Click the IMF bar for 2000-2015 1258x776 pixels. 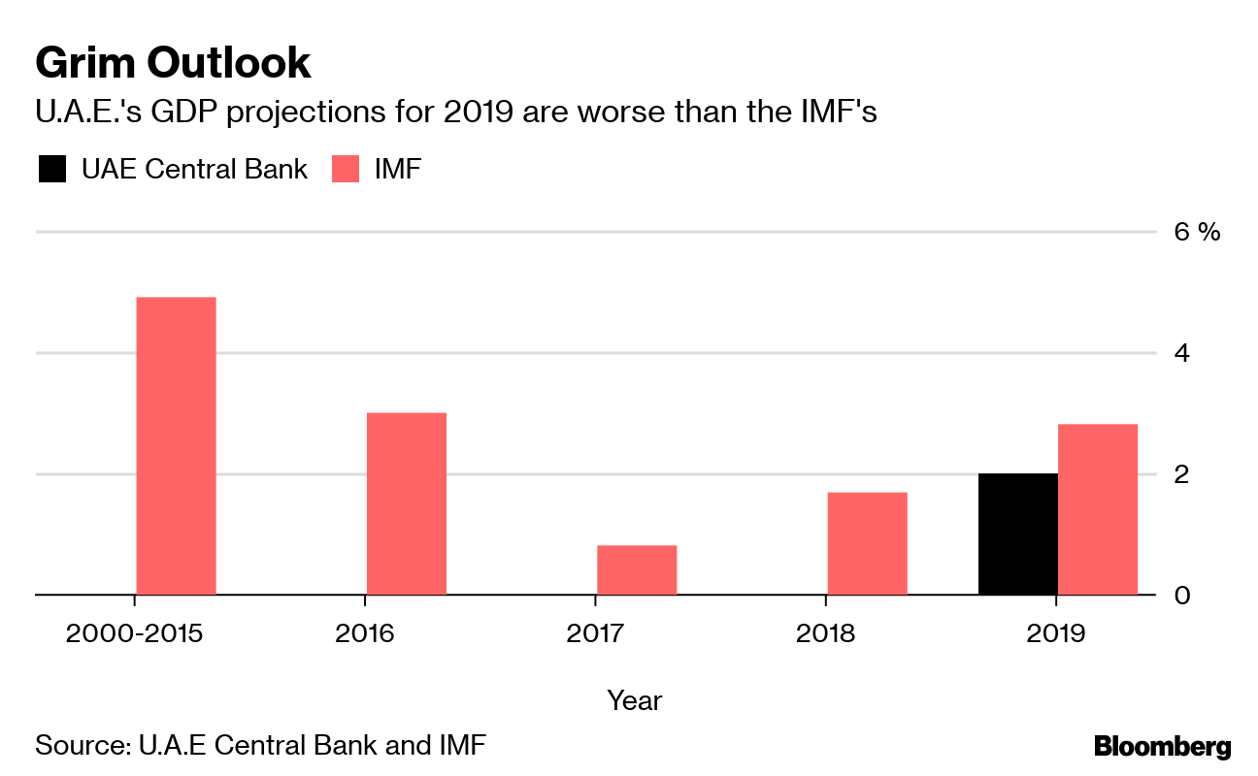tap(176, 445)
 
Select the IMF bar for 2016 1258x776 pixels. tap(407, 503)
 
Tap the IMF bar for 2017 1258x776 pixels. tap(637, 569)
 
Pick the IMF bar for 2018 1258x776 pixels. tap(867, 543)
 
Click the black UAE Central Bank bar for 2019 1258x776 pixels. tap(1018, 533)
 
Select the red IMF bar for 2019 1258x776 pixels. tap(1098, 509)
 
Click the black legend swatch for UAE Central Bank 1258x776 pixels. tap(51, 170)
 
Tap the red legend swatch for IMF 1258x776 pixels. tap(347, 170)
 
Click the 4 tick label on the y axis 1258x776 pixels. tap(1182, 353)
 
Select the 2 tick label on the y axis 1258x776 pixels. tap(1182, 474)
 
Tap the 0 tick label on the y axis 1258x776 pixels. tap(1182, 595)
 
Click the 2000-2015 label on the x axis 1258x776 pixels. tap(134, 634)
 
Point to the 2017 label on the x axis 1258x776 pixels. tap(595, 634)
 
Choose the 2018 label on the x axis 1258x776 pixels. tap(826, 634)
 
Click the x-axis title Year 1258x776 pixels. tap(635, 699)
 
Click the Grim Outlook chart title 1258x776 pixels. tap(173, 63)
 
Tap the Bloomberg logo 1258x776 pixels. tap(1163, 747)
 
